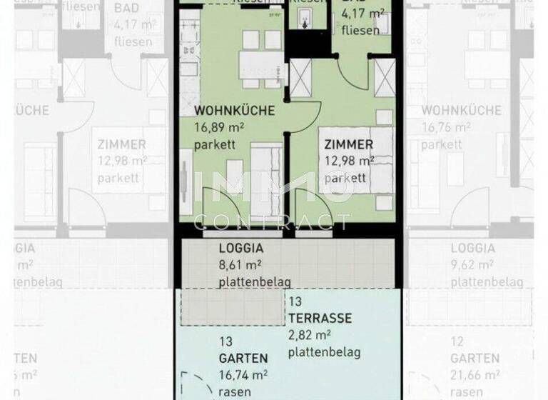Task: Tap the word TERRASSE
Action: tap(320, 318)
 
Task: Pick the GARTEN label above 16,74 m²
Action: tap(244, 359)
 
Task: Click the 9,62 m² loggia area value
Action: tap(472, 266)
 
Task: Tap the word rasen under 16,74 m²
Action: tap(235, 391)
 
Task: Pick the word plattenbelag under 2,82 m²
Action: tap(325, 352)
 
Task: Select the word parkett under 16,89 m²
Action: tap(215, 146)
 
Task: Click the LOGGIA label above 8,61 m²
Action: tap(240, 249)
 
